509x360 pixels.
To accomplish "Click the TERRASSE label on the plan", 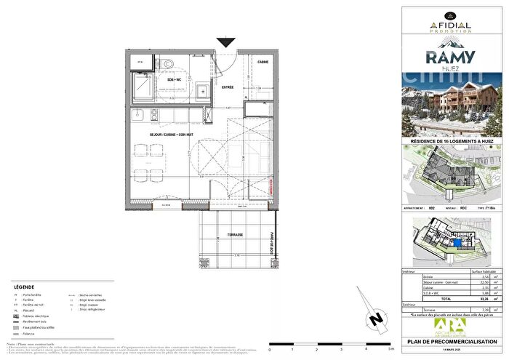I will click(x=234, y=236).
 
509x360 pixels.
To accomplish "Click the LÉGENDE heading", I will click(x=24, y=287).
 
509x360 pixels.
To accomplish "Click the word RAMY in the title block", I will click(x=456, y=57).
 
